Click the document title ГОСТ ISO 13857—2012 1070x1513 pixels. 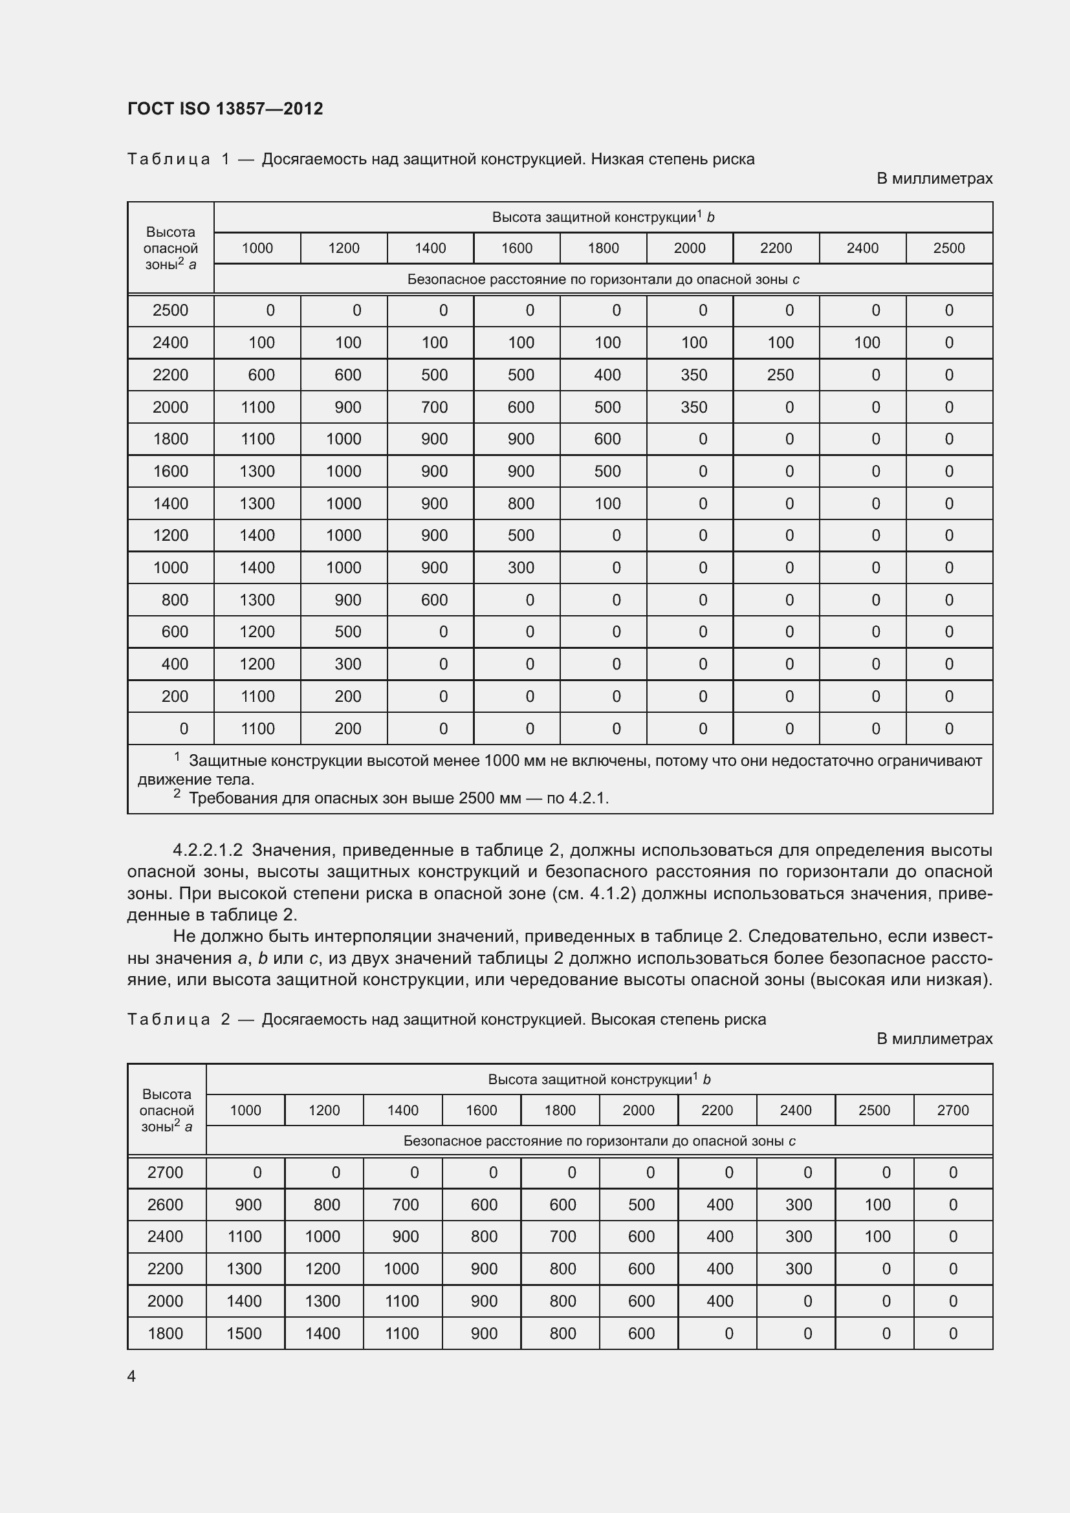point(224,109)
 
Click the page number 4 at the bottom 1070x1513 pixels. point(132,1376)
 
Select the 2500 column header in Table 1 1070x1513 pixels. point(949,248)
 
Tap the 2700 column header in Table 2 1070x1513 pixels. point(953,1111)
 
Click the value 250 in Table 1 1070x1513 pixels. point(780,375)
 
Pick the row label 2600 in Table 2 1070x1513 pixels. point(166,1204)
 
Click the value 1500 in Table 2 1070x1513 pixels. point(245,1333)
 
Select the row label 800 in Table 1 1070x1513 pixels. point(175,600)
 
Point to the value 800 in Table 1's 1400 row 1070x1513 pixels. point(521,503)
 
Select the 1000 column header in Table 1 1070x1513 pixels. point(257,248)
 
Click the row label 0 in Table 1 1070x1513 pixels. point(184,729)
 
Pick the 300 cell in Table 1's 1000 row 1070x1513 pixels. point(521,567)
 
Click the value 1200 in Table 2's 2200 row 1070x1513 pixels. point(323,1268)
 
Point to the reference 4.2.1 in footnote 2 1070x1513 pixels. point(587,798)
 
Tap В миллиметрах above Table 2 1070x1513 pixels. point(934,1039)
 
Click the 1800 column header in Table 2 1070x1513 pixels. point(560,1111)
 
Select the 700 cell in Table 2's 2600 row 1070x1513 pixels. point(405,1204)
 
